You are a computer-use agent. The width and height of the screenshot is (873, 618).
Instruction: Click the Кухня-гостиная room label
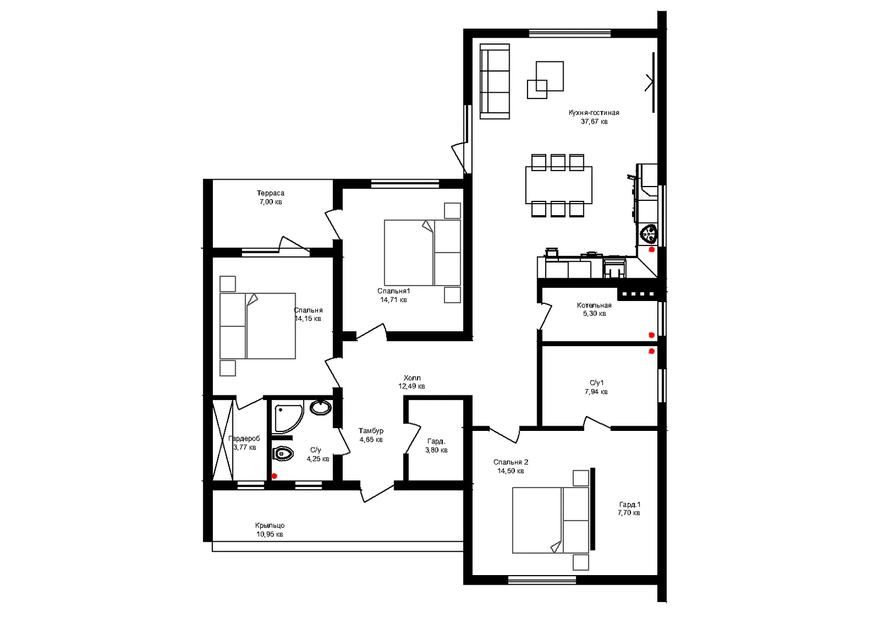point(594,113)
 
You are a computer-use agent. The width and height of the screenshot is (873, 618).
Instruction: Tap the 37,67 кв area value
point(594,122)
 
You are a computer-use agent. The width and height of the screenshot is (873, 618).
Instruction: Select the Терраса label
point(271,193)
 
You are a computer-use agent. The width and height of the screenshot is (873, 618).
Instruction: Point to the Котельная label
point(594,306)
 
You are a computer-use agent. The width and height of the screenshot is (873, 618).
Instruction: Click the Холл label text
point(412,378)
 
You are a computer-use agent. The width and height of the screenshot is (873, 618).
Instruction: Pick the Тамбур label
point(371,431)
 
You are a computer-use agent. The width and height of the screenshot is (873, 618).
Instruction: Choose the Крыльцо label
point(269,526)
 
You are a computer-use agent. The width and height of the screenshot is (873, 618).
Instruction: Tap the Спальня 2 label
point(510,462)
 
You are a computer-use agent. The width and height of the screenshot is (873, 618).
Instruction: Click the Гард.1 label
point(629,505)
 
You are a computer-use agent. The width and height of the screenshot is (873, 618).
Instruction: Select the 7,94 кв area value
point(596,392)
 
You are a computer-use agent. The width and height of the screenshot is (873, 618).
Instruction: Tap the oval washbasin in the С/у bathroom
point(320,408)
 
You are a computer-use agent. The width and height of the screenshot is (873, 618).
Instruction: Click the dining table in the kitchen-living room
point(558,185)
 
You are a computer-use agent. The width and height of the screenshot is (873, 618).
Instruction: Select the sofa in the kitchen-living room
point(495,81)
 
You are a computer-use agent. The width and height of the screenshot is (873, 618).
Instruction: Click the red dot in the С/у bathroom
point(275,476)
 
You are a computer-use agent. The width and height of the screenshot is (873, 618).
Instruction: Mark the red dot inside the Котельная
point(651,335)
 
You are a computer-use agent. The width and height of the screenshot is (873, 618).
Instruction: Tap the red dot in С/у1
point(651,351)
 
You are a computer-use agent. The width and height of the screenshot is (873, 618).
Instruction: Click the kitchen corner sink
point(649,233)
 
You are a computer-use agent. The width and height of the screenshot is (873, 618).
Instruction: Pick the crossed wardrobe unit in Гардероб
point(223,440)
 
